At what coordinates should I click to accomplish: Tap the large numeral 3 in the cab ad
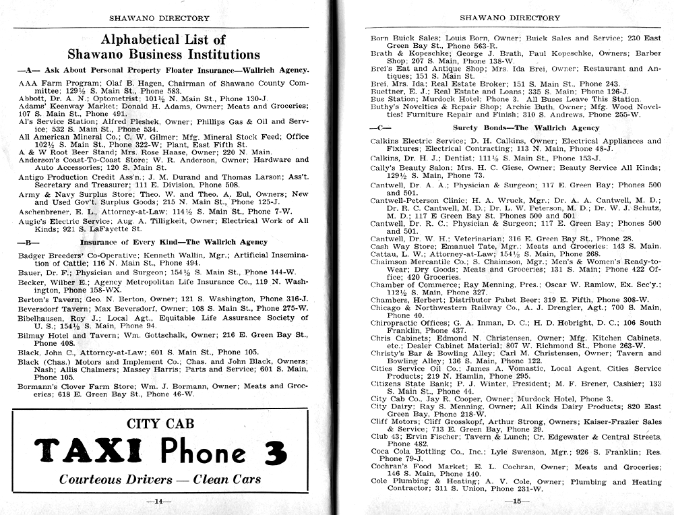tap(274, 452)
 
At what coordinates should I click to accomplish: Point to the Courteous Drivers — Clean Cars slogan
tap(160, 479)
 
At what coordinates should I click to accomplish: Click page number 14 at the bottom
tap(160, 501)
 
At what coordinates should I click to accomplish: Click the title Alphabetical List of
tap(162, 39)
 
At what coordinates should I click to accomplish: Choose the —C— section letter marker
tap(379, 127)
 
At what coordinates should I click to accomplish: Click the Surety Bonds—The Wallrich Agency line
tap(517, 127)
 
